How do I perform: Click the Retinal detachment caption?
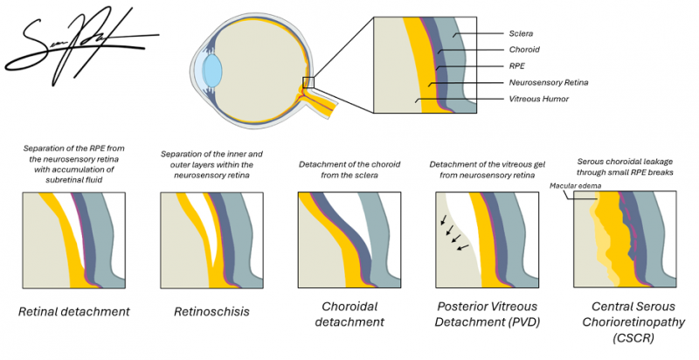pyautogui.click(x=78, y=312)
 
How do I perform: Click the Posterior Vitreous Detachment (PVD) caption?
pyautogui.click(x=487, y=315)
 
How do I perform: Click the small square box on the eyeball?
pyautogui.click(x=308, y=82)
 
